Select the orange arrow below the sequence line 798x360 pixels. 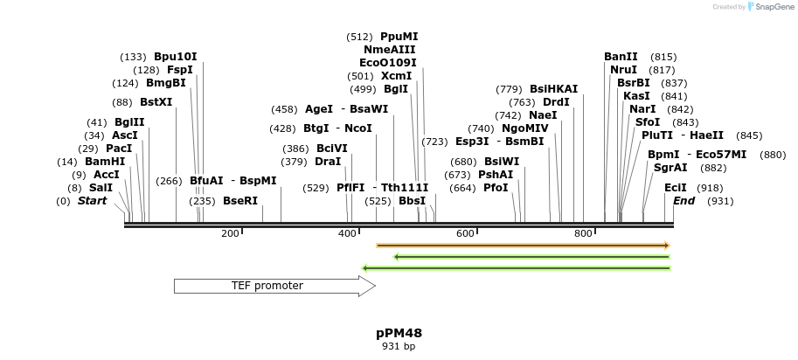pos(523,246)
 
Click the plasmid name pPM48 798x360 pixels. pos(399,333)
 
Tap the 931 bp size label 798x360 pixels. pos(399,346)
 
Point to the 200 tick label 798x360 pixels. pos(230,233)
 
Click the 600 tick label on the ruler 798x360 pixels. pos(465,233)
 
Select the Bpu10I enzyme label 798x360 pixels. pos(176,57)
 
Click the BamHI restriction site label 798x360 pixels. pos(105,162)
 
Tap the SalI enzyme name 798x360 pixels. pos(101,188)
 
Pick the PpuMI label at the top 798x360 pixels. pos(399,37)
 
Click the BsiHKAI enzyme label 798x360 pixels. pos(554,88)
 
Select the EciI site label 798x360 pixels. pos(676,188)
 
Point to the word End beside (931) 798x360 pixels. pos(684,201)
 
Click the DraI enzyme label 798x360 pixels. pos(328,162)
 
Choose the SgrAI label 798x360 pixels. pos(670,167)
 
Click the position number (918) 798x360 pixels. pos(710,188)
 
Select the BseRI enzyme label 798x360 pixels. pos(240,201)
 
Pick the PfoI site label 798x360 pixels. pos(496,188)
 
